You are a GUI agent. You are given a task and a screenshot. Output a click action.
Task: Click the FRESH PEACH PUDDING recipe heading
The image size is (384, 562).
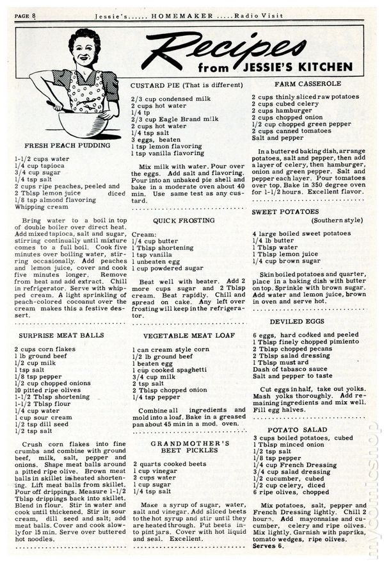click(x=67, y=145)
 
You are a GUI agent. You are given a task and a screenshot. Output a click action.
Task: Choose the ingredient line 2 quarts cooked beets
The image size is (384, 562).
click(x=161, y=465)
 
